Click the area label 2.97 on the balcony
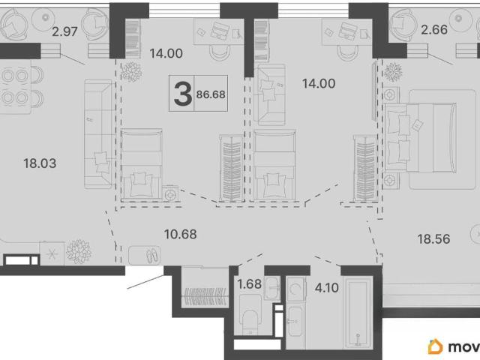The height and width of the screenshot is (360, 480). tap(64, 31)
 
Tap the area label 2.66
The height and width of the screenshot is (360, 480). tap(434, 30)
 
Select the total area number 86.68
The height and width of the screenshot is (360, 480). tap(211, 94)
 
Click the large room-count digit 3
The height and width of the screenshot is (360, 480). tap(182, 94)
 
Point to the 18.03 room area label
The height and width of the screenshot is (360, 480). tap(40, 163)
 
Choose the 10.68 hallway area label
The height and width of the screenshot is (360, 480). tap(180, 234)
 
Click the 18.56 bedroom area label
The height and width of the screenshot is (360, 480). tap(433, 238)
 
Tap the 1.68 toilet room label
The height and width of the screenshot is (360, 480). tap(250, 283)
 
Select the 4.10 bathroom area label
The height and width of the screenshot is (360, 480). tap(327, 287)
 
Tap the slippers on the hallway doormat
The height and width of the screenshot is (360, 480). tap(152, 255)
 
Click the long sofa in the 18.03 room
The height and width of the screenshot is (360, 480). tap(98, 133)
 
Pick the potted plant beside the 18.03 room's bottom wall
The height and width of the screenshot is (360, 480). tap(79, 252)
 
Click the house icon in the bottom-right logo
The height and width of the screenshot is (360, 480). tap(435, 346)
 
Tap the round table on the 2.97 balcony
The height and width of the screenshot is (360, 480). tap(45, 18)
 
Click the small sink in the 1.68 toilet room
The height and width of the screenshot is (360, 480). tap(271, 288)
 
